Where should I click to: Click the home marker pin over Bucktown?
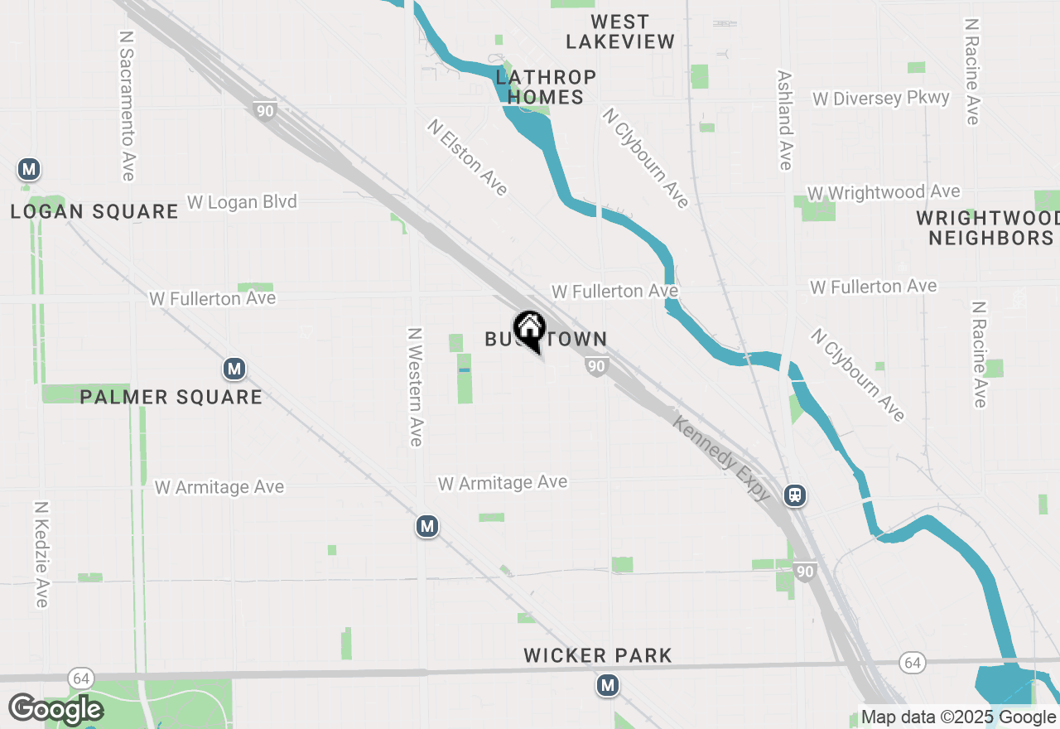[529, 330]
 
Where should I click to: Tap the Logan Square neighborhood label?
[94, 212]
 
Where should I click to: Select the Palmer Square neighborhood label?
[171, 398]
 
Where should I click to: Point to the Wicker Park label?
[598, 656]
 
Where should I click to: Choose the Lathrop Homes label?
[546, 87]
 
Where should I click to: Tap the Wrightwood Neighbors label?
[989, 228]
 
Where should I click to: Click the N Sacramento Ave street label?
[127, 106]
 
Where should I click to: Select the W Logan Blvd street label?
[242, 201]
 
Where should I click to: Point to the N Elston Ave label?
[467, 157]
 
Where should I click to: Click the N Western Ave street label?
[416, 386]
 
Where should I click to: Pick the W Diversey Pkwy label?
[881, 99]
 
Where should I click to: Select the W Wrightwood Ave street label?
[884, 193]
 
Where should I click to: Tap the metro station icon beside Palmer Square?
[234, 369]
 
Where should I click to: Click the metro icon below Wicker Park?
[609, 685]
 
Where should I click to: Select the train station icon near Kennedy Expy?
[795, 495]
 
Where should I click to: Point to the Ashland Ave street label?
[785, 120]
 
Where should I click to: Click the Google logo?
[55, 709]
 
